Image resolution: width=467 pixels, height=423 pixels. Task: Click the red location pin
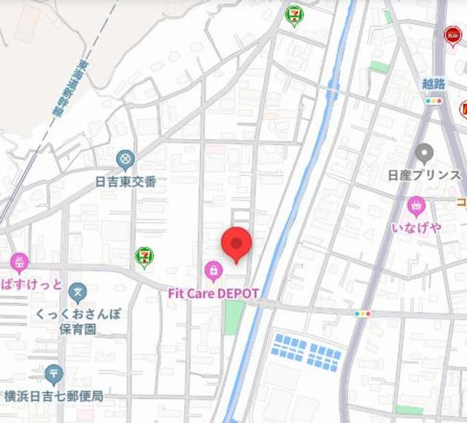coord(236,243)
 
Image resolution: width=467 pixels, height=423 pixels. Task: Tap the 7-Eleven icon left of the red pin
coord(144,256)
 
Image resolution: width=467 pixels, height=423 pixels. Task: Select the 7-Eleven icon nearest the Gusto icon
coord(294,14)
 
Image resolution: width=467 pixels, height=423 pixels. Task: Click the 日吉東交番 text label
coord(126,182)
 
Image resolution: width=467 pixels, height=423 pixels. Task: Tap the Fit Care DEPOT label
coord(214,292)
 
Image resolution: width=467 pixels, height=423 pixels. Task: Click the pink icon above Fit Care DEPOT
coord(213,271)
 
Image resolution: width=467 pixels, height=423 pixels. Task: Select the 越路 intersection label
coord(433,84)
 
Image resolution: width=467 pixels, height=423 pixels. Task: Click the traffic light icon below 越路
coord(434,101)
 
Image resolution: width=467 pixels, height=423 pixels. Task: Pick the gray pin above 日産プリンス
coord(424,153)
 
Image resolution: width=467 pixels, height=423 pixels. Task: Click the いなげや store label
coord(416,227)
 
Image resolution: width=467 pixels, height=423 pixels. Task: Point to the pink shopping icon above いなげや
coord(416,205)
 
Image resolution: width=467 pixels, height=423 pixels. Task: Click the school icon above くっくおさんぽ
coord(77,294)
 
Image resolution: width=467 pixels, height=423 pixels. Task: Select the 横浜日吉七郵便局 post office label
coord(53,397)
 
